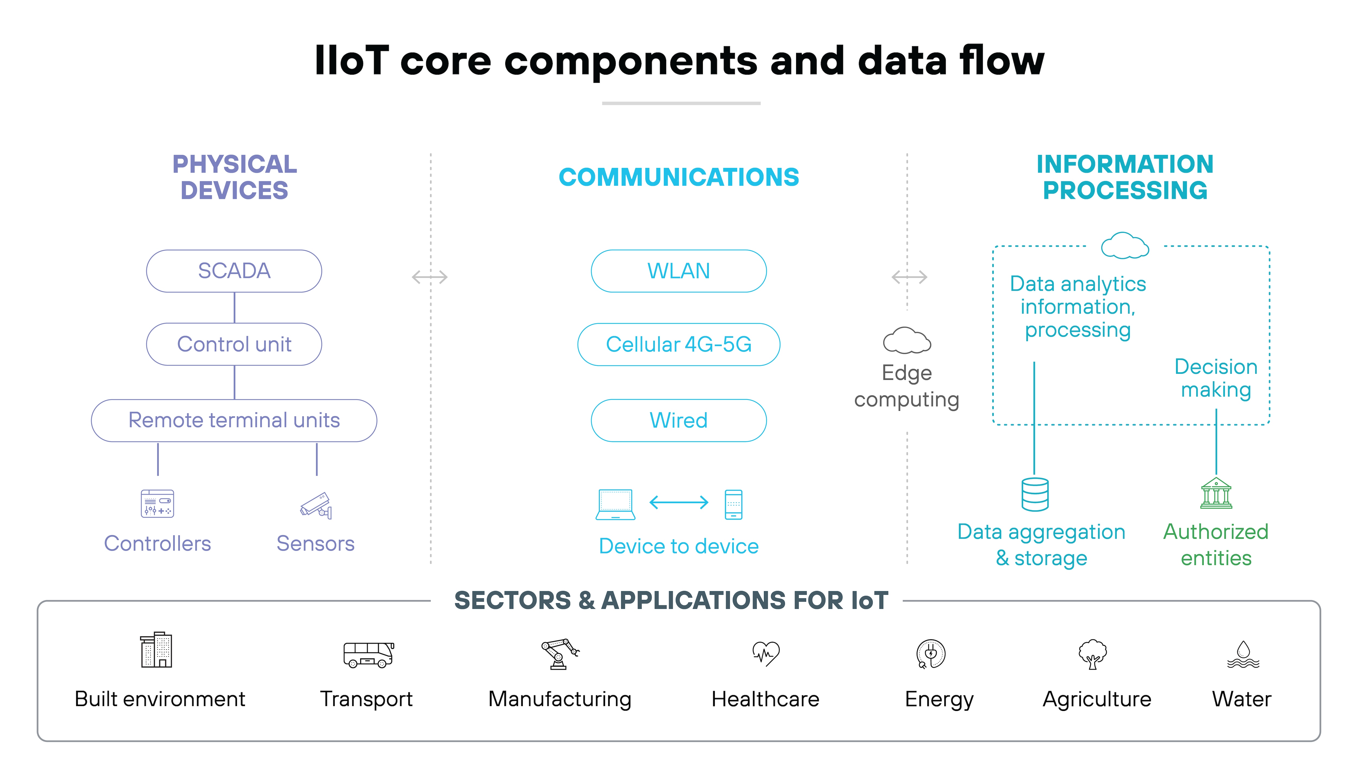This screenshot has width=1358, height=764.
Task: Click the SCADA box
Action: pyautogui.click(x=234, y=271)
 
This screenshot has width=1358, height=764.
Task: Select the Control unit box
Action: pyautogui.click(x=234, y=344)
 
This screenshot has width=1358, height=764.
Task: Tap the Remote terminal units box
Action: pyautogui.click(x=234, y=420)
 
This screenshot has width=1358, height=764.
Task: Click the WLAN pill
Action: pyautogui.click(x=678, y=271)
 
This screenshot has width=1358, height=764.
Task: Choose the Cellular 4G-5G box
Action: pyautogui.click(x=678, y=344)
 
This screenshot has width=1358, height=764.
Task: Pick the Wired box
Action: pyautogui.click(x=678, y=420)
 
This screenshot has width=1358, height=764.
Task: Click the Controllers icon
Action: pyautogui.click(x=157, y=503)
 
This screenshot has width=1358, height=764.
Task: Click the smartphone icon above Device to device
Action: pyautogui.click(x=733, y=504)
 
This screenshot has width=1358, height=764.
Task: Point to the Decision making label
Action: pyautogui.click(x=1216, y=378)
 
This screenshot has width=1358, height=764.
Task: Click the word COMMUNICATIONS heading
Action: pyautogui.click(x=678, y=177)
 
